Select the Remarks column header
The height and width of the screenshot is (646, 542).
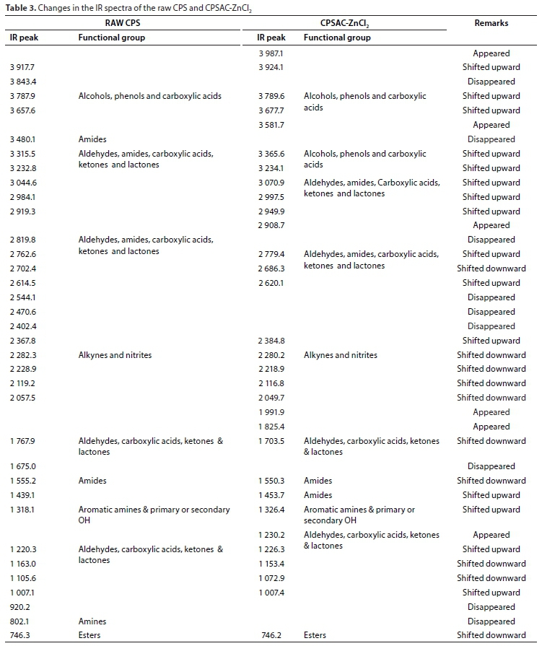click(491, 23)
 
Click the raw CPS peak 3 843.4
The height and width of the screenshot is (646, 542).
click(24, 82)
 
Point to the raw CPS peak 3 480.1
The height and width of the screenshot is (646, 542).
click(24, 139)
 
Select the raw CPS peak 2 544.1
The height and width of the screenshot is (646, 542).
click(24, 297)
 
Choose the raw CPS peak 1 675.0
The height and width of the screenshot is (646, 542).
click(24, 466)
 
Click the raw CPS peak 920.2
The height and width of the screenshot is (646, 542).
click(21, 607)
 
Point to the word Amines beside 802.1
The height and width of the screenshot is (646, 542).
click(92, 621)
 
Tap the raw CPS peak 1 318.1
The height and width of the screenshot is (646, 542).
click(24, 510)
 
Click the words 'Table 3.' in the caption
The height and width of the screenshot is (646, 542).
click(19, 7)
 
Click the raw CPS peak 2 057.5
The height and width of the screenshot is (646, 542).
click(24, 398)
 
